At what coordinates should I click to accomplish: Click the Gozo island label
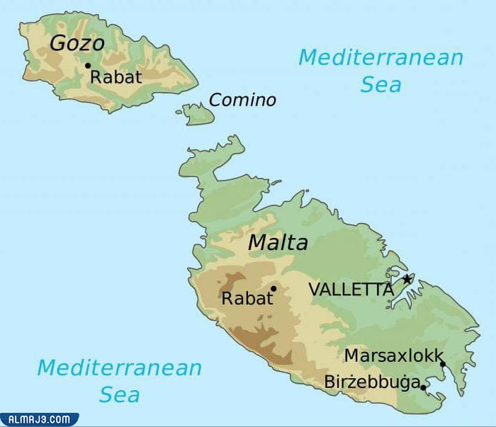click(x=77, y=43)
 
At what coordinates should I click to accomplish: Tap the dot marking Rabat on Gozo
click(x=88, y=66)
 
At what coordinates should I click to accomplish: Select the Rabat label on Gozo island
click(x=116, y=77)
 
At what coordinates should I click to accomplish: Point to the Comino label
click(x=242, y=100)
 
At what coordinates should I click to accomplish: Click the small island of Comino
click(x=196, y=113)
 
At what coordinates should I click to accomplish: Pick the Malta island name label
click(x=278, y=243)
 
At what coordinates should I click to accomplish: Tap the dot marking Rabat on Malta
click(x=273, y=288)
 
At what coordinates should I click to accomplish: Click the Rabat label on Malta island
click(x=247, y=299)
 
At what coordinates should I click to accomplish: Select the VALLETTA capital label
click(x=350, y=289)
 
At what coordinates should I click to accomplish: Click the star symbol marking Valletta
click(x=407, y=279)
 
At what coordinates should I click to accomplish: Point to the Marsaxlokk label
click(x=393, y=355)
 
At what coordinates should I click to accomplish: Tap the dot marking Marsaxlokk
click(x=442, y=364)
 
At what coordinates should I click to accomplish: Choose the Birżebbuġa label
click(x=371, y=382)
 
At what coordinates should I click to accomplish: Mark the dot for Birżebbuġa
click(x=423, y=387)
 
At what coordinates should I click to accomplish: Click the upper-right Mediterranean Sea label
click(x=381, y=70)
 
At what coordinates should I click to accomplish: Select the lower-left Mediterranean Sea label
click(x=119, y=380)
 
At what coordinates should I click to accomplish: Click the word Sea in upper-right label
click(x=381, y=84)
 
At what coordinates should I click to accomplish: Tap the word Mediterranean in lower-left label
click(x=119, y=368)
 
